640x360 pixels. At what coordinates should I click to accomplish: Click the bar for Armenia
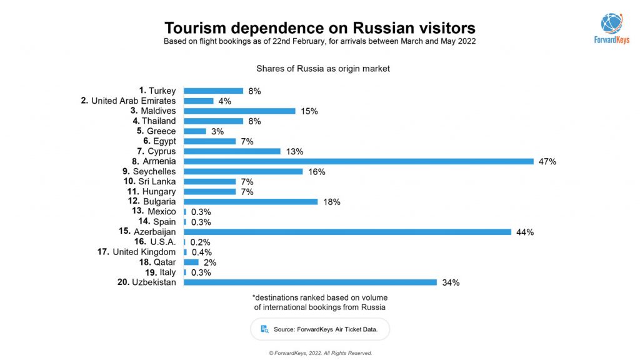click(358, 161)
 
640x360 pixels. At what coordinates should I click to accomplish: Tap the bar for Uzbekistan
click(310, 282)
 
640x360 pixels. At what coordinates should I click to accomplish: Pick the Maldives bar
click(239, 111)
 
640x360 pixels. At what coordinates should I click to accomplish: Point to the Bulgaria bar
click(251, 202)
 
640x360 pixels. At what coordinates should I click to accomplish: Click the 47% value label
click(547, 161)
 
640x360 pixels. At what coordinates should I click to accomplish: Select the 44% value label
click(525, 232)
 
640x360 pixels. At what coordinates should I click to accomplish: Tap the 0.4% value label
click(201, 252)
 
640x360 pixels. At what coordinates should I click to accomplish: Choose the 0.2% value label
click(200, 242)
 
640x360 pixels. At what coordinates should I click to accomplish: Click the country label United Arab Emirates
click(133, 101)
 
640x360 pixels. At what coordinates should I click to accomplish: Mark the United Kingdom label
click(144, 252)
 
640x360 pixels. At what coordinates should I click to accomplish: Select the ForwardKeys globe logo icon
click(611, 23)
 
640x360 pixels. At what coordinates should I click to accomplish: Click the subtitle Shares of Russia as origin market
click(322, 69)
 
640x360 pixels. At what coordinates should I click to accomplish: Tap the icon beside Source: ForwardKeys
click(264, 329)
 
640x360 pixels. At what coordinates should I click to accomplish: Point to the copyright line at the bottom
click(320, 353)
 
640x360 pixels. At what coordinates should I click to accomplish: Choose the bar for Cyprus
click(232, 151)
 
